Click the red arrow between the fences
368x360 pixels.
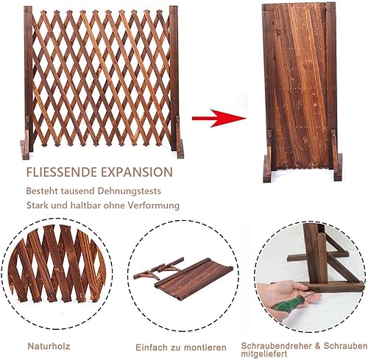(x=219, y=119)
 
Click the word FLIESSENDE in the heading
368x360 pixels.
(x=63, y=172)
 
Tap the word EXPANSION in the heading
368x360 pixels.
(x=137, y=172)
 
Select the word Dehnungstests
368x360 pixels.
(x=130, y=191)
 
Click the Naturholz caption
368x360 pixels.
(x=49, y=346)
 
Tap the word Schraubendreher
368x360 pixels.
(x=277, y=346)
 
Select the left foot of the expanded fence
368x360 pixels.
(x=25, y=149)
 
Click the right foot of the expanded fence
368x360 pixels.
(x=180, y=149)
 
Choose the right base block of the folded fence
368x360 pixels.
(x=338, y=167)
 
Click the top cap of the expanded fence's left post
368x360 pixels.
(x=28, y=9)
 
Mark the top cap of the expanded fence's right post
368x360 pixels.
(x=174, y=9)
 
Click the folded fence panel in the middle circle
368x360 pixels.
(x=194, y=279)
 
